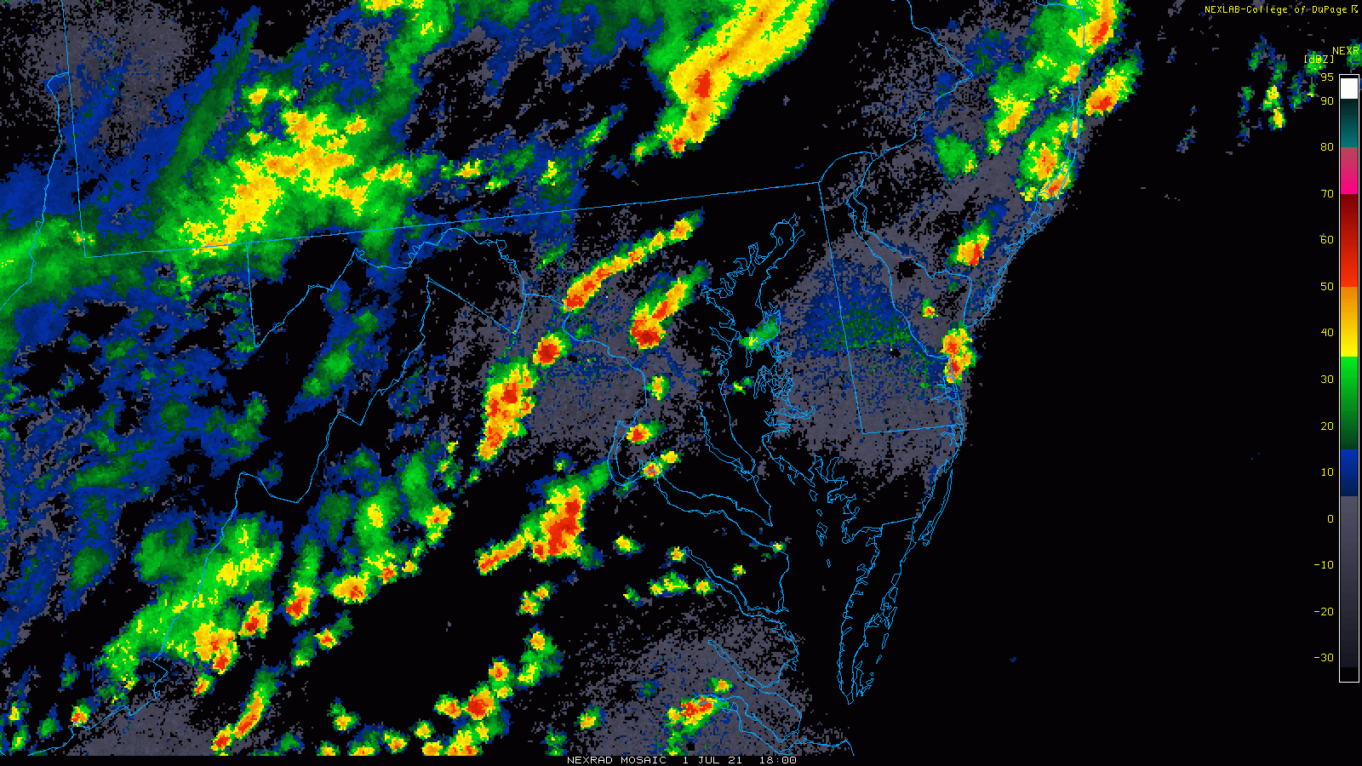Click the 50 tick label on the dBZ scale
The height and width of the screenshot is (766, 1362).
(1326, 287)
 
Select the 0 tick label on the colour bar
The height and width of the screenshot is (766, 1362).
(1330, 519)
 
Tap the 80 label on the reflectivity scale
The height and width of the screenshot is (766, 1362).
(1326, 147)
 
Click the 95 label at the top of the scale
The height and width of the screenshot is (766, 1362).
(1326, 77)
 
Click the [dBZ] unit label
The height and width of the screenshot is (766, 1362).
(1319, 59)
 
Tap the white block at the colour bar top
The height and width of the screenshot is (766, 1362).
(1349, 89)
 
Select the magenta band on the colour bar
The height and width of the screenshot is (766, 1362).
(1349, 171)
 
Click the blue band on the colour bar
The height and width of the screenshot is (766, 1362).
(1349, 472)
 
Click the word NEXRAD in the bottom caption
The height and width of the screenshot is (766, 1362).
(590, 760)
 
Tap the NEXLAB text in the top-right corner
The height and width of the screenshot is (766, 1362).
(1224, 9)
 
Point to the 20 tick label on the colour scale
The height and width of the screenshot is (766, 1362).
(1326, 426)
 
